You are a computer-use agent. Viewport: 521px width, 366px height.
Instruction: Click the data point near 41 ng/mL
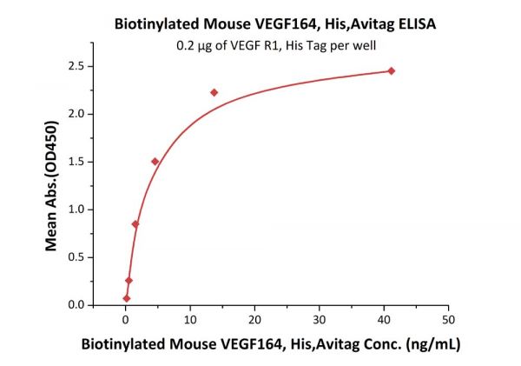coord(391,70)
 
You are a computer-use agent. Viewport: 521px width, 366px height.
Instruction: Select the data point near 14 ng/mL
coord(214,92)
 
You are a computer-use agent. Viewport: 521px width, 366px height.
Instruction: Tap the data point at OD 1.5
coord(155,161)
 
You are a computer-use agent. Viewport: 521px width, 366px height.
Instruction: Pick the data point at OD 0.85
coord(135,223)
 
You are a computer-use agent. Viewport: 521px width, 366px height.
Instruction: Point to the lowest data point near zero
coord(127,298)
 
